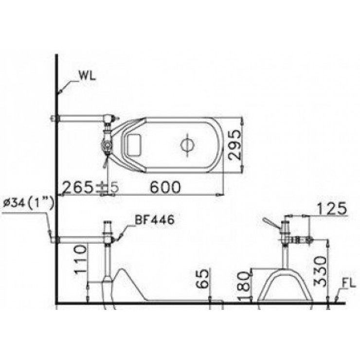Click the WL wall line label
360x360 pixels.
(87, 77)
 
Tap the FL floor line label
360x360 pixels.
(349, 284)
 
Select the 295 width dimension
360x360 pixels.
(234, 144)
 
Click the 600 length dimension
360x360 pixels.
(165, 187)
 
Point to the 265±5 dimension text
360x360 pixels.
(90, 187)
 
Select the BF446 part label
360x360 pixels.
(154, 220)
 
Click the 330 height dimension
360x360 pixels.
(320, 271)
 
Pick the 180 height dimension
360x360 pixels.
(244, 286)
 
